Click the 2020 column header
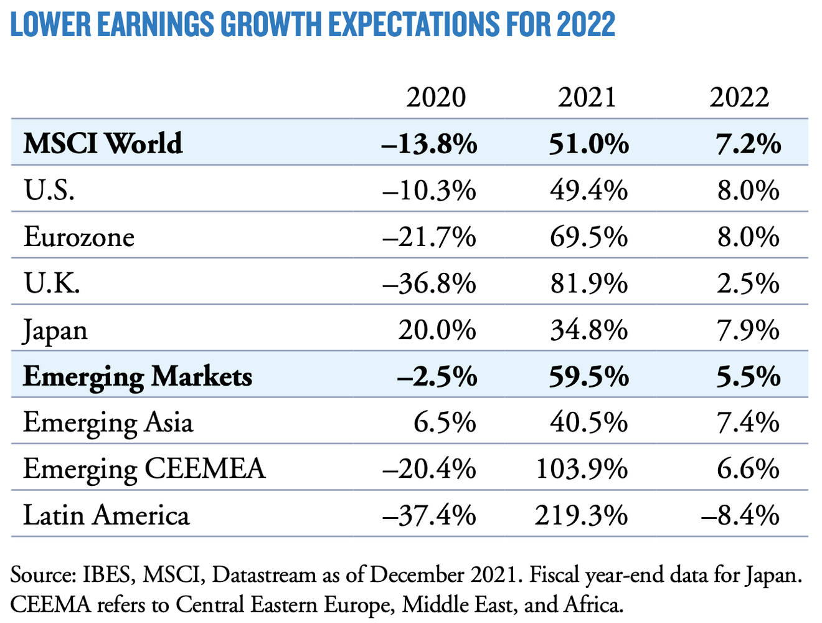tap(436, 98)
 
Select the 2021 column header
tap(587, 98)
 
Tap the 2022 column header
tap(739, 98)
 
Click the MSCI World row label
tap(103, 143)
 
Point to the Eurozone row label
tap(79, 237)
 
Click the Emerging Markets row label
tap(138, 377)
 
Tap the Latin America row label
tap(106, 516)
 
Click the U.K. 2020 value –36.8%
tap(430, 284)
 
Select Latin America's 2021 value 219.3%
tap(581, 516)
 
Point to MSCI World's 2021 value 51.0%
tap(588, 144)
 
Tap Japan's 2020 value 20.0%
tap(437, 330)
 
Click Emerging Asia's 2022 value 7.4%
tap(748, 423)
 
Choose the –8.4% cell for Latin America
tap(740, 516)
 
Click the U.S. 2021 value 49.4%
tap(588, 191)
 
